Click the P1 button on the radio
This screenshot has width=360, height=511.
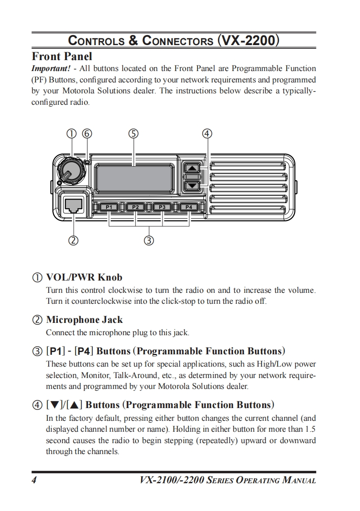109,207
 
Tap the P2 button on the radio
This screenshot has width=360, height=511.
135,207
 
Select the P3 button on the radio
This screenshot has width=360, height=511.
162,207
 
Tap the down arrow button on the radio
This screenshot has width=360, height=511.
193,185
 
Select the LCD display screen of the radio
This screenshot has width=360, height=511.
133,178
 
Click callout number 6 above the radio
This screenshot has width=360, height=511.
86,134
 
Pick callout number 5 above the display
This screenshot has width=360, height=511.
133,134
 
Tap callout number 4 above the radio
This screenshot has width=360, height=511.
207,134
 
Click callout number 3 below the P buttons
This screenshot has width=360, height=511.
148,240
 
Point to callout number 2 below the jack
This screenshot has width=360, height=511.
73,240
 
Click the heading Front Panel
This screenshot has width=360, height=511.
61,56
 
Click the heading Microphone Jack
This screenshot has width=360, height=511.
84,320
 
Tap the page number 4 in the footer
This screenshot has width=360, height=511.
34,480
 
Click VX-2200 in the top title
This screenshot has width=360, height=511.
248,41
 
